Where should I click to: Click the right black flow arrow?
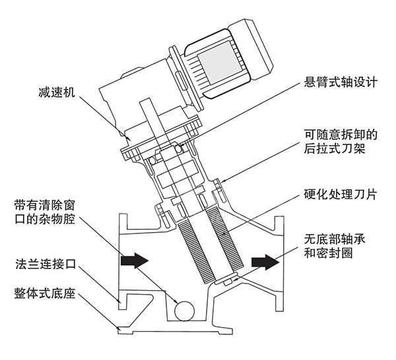coord(261,262)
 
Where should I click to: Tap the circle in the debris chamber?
coord(183,307)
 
